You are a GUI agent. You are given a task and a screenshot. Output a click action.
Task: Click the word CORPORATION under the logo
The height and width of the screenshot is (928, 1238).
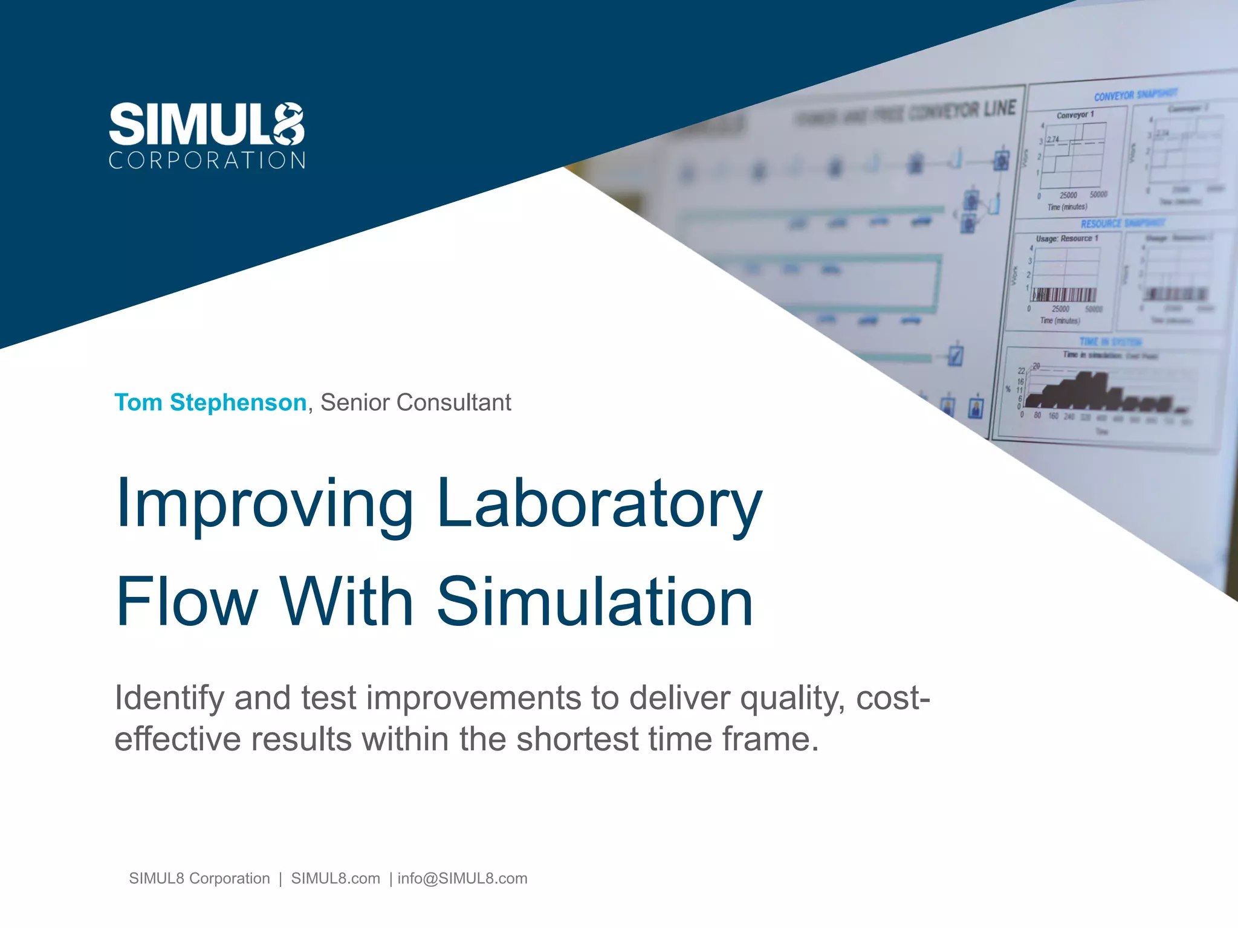click(207, 161)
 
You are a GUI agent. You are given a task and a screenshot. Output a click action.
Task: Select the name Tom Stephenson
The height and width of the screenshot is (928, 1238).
click(210, 402)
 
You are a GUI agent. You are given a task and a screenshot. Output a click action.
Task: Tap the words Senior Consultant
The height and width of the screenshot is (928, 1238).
click(415, 402)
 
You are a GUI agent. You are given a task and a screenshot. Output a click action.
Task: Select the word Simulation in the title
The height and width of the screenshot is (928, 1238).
click(595, 602)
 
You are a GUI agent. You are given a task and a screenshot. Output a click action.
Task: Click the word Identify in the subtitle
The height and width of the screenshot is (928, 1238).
click(169, 698)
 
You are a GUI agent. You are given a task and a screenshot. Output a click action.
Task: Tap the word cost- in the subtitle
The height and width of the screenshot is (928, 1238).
click(893, 698)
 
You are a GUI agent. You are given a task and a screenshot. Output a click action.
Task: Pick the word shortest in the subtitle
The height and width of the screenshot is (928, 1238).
click(577, 739)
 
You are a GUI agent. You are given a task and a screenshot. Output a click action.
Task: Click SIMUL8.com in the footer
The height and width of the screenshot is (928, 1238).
click(335, 878)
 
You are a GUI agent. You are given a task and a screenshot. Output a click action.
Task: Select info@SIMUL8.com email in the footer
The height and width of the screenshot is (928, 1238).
click(462, 878)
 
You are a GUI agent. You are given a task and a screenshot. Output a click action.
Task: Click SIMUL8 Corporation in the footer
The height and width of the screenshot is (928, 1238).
click(199, 878)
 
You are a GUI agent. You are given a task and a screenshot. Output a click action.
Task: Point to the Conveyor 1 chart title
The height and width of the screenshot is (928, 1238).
click(1075, 115)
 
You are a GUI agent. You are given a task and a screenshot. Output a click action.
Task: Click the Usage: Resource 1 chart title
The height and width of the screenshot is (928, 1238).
click(1067, 239)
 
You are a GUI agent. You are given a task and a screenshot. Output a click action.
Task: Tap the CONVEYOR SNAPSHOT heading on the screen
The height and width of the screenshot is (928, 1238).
click(1135, 95)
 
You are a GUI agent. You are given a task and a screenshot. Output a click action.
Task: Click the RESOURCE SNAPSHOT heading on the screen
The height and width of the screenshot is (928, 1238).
click(1122, 224)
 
